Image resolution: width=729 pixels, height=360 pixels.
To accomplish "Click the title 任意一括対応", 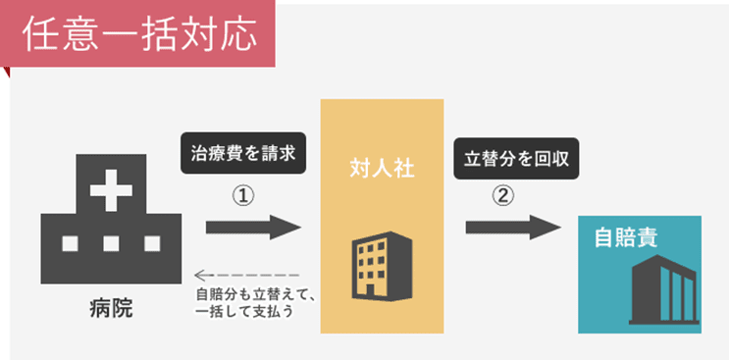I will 139,34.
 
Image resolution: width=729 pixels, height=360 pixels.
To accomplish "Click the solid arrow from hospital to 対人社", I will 253,229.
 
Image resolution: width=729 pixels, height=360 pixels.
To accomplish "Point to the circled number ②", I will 502,194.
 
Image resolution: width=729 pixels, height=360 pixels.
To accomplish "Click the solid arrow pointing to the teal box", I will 512,229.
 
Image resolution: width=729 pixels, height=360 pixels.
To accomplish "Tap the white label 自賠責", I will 625,238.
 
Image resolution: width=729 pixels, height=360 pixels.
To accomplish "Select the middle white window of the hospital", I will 110,243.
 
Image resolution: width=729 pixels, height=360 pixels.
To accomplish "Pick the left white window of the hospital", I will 69,243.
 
